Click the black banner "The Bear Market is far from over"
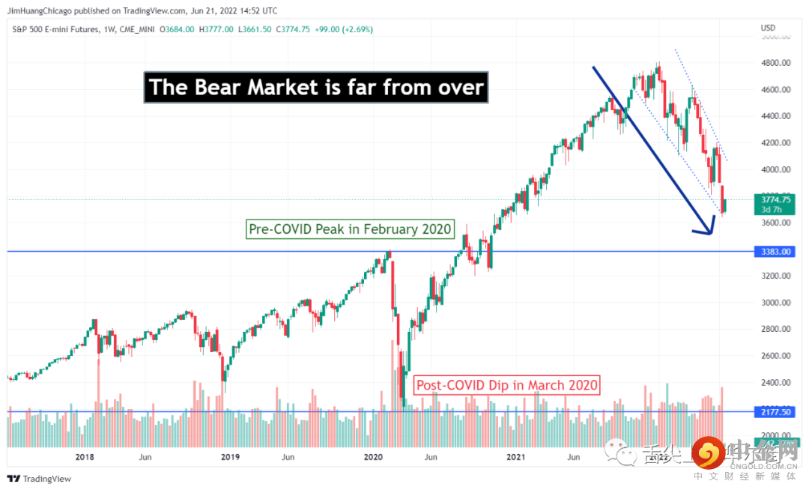pyautogui.click(x=316, y=88)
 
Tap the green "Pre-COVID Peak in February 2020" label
pyautogui.click(x=351, y=229)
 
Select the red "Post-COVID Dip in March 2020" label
pyautogui.click(x=507, y=385)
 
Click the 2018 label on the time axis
pyautogui.click(x=84, y=456)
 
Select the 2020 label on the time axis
pyautogui.click(x=372, y=456)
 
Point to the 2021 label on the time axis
pyautogui.click(x=515, y=456)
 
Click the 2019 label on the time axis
pyautogui.click(x=230, y=456)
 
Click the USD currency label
pyautogui.click(x=768, y=28)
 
